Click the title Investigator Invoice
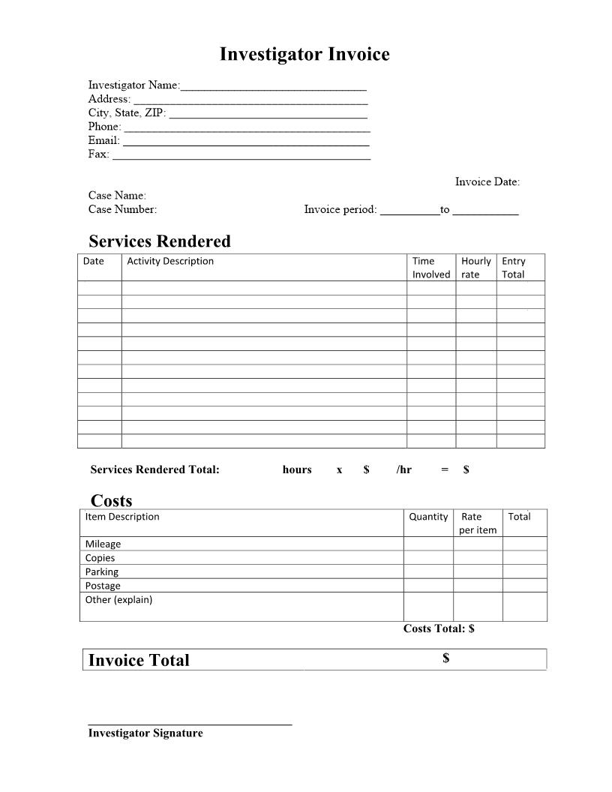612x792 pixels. [x=304, y=55]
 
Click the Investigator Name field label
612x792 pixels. [x=133, y=85]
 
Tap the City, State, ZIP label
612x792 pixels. [x=127, y=113]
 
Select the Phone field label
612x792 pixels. [x=104, y=127]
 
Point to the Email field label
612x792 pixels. [x=103, y=140]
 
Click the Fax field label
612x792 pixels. [x=98, y=154]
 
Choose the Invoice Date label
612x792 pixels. [x=487, y=182]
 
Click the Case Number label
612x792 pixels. [x=122, y=210]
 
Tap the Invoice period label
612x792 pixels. [x=340, y=210]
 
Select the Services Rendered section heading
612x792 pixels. [x=160, y=241]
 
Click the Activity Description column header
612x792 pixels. [x=170, y=262]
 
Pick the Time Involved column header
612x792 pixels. [x=430, y=268]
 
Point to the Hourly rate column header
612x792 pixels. [x=475, y=268]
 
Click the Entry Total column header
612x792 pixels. [x=514, y=268]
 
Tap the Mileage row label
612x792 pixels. [x=103, y=544]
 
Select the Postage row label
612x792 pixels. [x=103, y=586]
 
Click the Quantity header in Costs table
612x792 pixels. [x=428, y=517]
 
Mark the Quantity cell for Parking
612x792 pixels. [x=428, y=571]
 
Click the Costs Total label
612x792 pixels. [x=439, y=628]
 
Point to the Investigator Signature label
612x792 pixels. [x=145, y=733]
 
